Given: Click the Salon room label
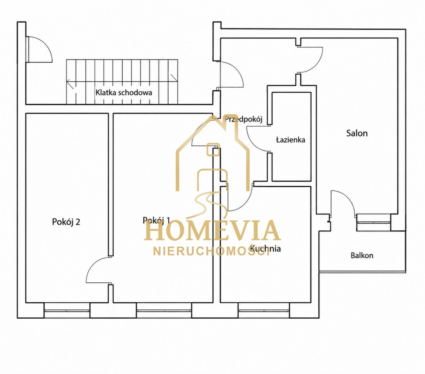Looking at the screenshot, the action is pyautogui.click(x=357, y=133).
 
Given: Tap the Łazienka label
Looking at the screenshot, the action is pyautogui.click(x=290, y=140).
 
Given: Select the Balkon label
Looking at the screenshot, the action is pyautogui.click(x=362, y=255).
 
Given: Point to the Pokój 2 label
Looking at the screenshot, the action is pyautogui.click(x=66, y=222).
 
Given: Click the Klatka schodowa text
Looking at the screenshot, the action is pyautogui.click(x=123, y=92).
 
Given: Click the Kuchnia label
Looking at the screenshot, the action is pyautogui.click(x=265, y=248).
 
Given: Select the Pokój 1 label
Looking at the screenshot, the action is pyautogui.click(x=156, y=221).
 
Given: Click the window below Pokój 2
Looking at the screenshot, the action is pyautogui.click(x=67, y=310).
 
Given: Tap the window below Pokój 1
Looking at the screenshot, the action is pyautogui.click(x=164, y=310).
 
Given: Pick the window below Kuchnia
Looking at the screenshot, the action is pyautogui.click(x=264, y=310).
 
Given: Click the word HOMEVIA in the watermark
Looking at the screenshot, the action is pyautogui.click(x=212, y=231).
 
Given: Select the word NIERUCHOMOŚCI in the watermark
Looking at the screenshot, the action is pyautogui.click(x=212, y=251).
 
